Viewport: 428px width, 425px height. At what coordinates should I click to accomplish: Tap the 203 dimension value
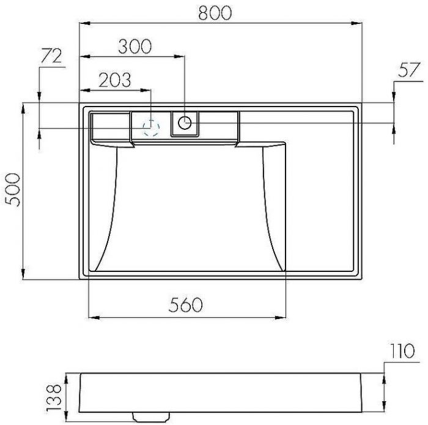[x=114, y=80]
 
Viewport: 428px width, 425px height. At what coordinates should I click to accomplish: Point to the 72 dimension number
[x=51, y=56]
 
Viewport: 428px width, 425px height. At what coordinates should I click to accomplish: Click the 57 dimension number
[x=410, y=70]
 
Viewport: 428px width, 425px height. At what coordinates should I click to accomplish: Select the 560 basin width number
[x=185, y=304]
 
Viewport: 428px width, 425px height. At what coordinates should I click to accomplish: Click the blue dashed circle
[x=150, y=127]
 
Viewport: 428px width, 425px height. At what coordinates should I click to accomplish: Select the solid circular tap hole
[x=184, y=123]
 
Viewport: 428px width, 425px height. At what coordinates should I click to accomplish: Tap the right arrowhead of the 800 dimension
[x=358, y=24]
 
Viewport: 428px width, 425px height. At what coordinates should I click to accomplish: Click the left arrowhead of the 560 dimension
[x=94, y=317]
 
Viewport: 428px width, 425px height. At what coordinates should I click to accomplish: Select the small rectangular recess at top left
[x=110, y=126]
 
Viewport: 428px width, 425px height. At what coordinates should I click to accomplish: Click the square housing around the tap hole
[x=184, y=124]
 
